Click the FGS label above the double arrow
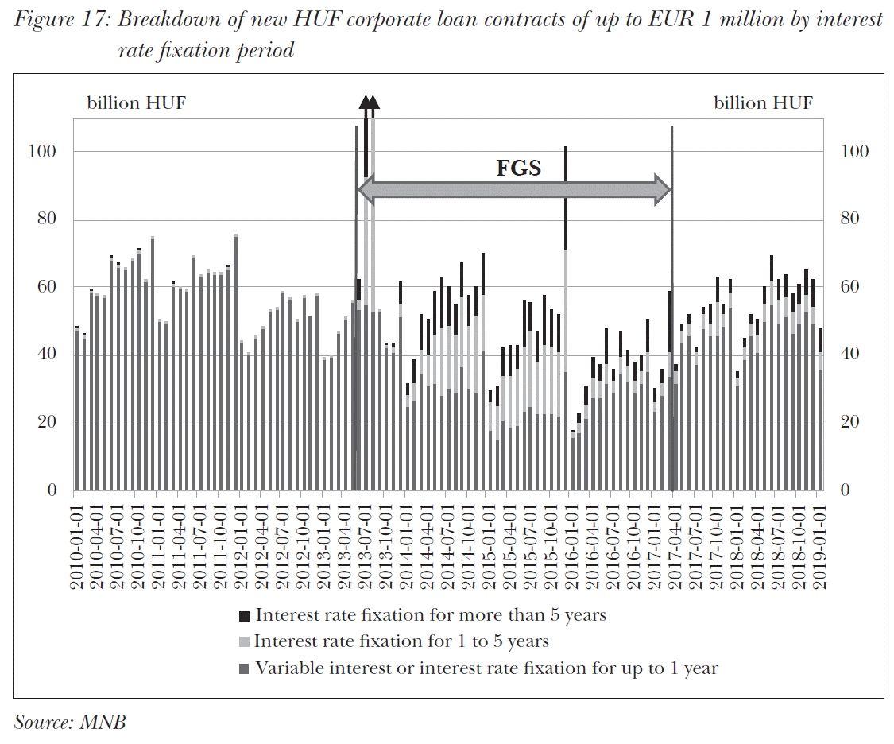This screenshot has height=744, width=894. click(518, 169)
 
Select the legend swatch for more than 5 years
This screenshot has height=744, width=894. click(245, 615)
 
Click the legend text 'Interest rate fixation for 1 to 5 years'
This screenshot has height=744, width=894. click(401, 641)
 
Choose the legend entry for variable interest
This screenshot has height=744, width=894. click(486, 668)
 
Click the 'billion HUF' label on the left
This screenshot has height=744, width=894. click(136, 103)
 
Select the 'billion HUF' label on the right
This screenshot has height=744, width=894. click(763, 103)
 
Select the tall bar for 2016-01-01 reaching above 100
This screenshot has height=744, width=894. click(566, 318)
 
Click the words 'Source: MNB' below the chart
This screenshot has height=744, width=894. click(70, 722)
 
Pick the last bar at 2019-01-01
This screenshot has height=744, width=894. click(820, 413)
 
